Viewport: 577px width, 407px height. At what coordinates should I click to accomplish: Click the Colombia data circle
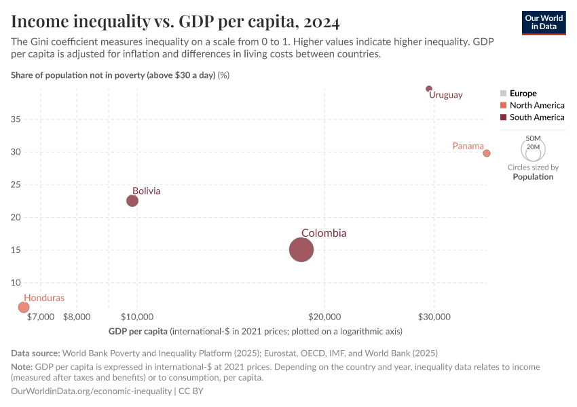[301, 250]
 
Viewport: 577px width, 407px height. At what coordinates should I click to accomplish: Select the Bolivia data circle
[132, 201]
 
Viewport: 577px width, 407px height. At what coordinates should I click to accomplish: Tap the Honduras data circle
[24, 307]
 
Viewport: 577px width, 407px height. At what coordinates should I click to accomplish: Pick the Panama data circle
[487, 153]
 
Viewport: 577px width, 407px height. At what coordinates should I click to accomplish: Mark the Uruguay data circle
[429, 89]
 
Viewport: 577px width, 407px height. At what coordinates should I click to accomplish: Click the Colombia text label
[324, 233]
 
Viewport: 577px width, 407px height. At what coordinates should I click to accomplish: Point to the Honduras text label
[44, 298]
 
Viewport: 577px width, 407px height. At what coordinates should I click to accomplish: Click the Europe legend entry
[523, 93]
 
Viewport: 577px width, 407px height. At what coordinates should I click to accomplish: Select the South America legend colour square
[503, 117]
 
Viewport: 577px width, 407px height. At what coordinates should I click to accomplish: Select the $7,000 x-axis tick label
[41, 317]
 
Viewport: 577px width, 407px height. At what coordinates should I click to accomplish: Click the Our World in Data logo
[544, 22]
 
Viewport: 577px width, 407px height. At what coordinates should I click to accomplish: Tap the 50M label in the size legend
[534, 138]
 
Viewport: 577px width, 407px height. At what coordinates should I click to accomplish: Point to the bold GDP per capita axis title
[138, 332]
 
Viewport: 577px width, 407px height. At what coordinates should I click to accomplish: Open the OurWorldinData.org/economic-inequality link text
[92, 391]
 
